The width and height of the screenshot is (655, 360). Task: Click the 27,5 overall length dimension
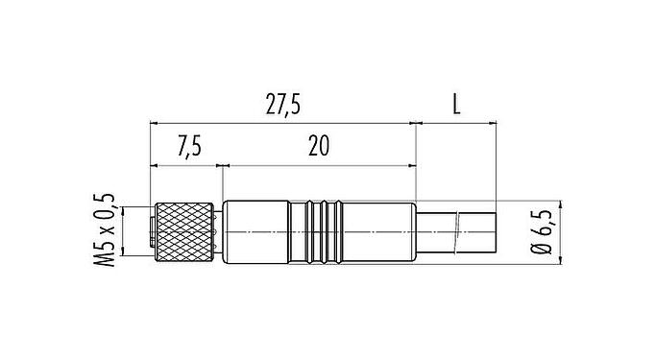[x=281, y=106]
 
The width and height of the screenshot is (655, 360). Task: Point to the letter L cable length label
[x=456, y=106]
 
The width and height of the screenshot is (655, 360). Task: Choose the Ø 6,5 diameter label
[x=545, y=231]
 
